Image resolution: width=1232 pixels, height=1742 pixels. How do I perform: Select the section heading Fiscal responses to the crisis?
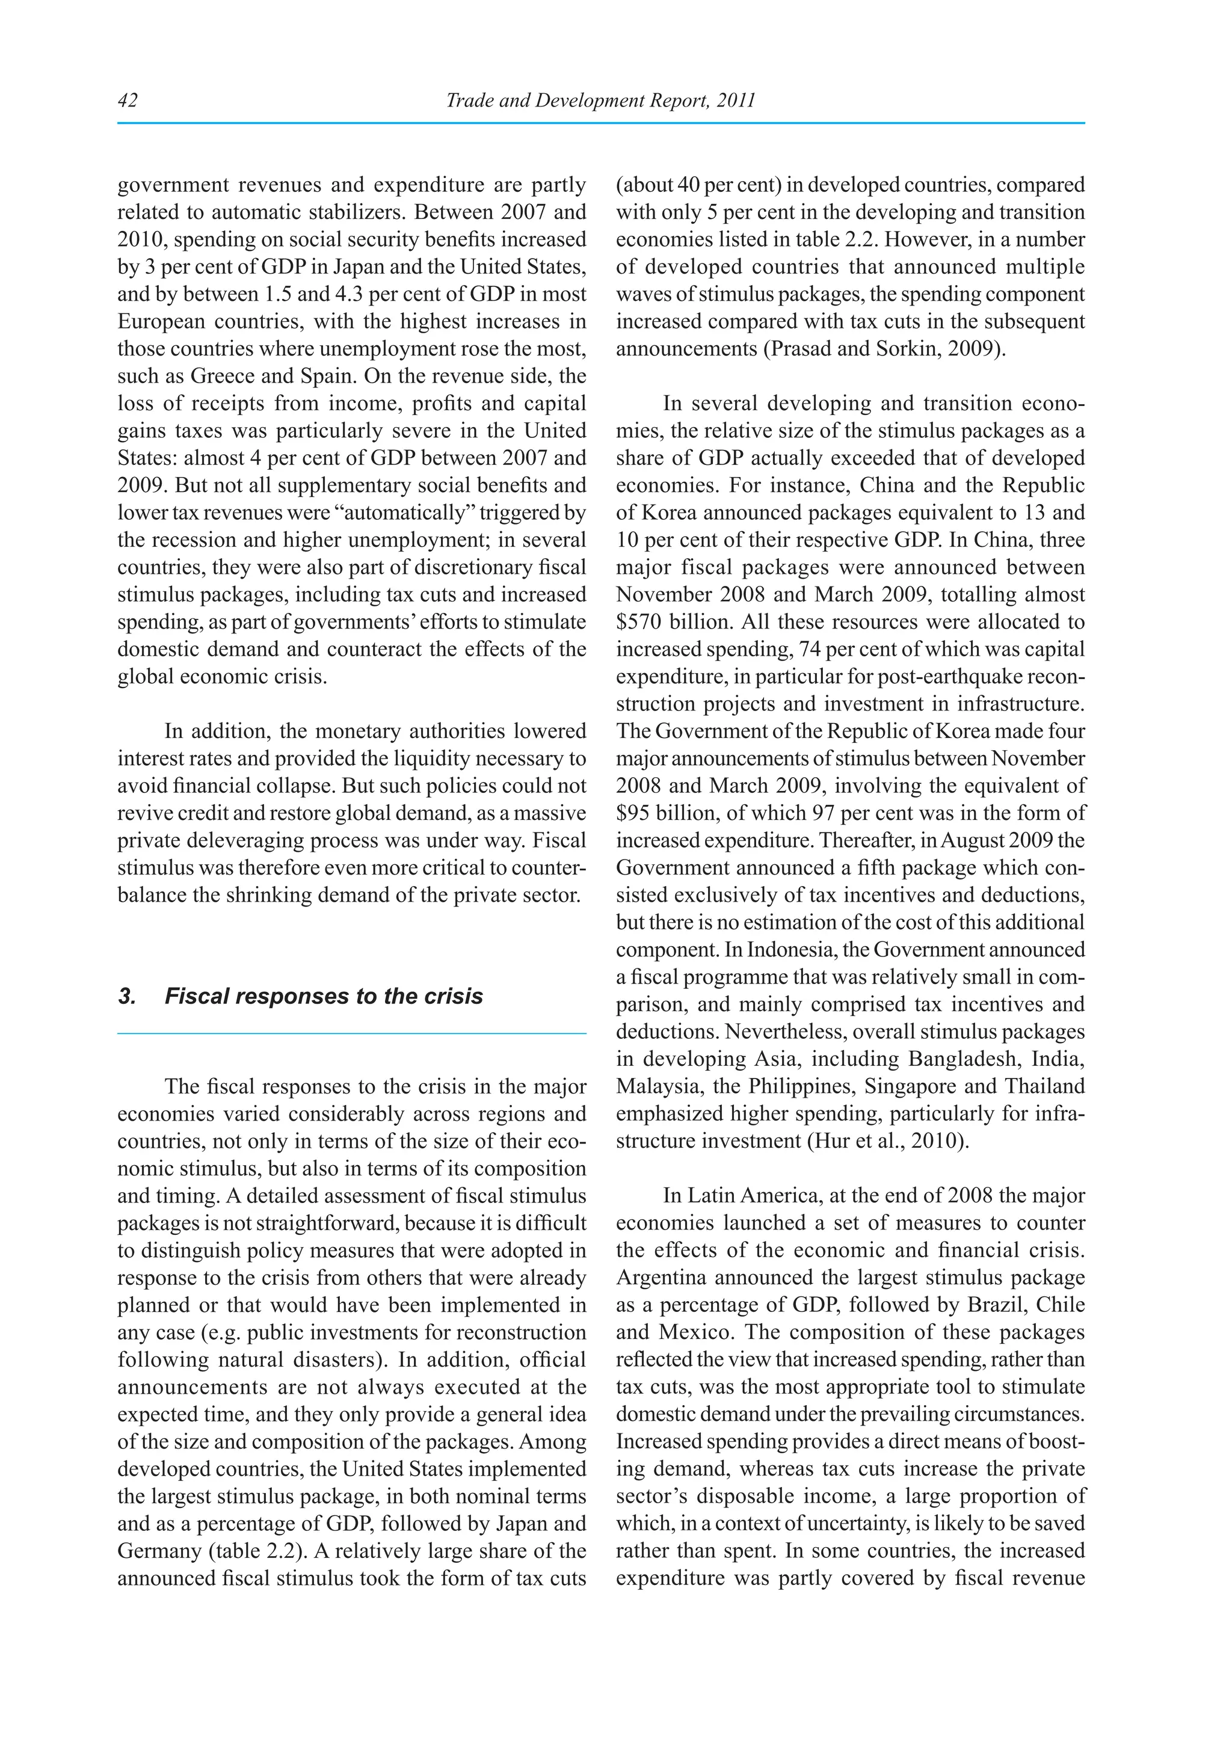click(323, 996)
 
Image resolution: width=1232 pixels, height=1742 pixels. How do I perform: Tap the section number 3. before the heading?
click(127, 996)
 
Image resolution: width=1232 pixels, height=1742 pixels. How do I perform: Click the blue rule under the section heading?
click(352, 1033)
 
